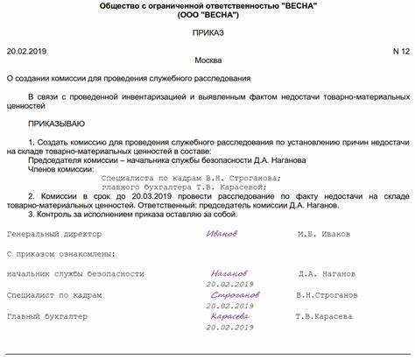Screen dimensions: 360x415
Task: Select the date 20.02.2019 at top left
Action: point(26,53)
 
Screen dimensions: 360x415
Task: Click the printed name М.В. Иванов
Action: point(324,234)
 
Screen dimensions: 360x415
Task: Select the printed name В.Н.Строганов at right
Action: point(327,295)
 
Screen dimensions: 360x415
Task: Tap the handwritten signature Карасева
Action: point(229,315)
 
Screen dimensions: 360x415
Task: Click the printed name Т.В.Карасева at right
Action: point(325,316)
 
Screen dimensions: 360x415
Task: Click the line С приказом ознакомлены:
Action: point(59,254)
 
